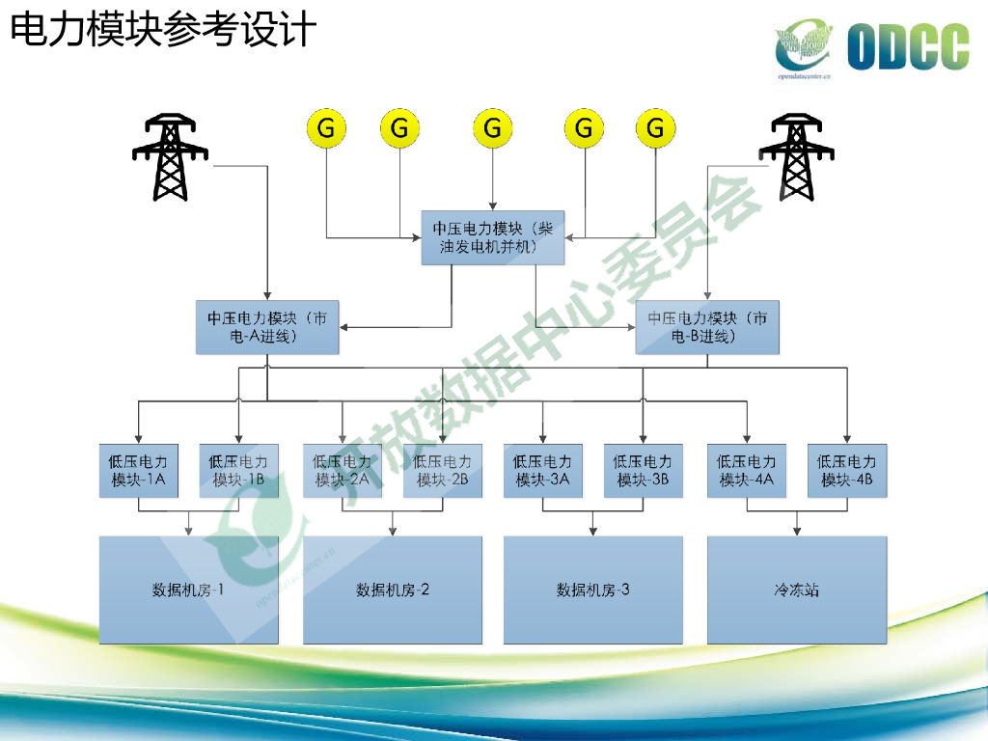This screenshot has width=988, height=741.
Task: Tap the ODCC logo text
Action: click(907, 47)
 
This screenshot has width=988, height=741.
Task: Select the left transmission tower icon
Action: click(170, 157)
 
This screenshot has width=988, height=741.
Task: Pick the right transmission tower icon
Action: click(795, 157)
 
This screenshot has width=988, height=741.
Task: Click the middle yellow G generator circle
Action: click(492, 127)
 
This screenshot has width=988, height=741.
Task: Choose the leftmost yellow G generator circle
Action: click(327, 127)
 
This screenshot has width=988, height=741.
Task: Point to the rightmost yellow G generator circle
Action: click(656, 127)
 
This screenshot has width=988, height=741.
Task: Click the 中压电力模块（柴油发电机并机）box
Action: click(492, 237)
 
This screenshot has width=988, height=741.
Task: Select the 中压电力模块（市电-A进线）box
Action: click(267, 327)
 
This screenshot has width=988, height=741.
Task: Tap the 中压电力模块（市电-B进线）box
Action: click(707, 327)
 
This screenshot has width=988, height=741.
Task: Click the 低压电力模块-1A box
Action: click(139, 471)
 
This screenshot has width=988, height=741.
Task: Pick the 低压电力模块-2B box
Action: click(443, 471)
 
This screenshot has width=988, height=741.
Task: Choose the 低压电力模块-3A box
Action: click(542, 471)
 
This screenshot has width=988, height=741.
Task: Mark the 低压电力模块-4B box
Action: click(847, 471)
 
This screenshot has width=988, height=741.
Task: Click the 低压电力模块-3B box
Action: click(644, 471)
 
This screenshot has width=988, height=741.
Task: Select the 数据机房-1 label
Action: click(188, 590)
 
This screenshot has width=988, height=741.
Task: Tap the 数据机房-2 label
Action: click(393, 590)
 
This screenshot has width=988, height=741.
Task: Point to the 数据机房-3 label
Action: click(592, 590)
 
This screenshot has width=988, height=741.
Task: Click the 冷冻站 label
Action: click(796, 590)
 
